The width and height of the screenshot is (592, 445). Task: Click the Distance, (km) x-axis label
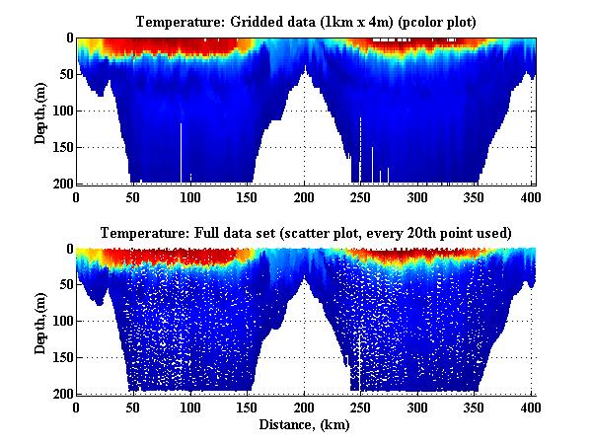305,425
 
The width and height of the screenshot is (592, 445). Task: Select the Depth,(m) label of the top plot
40,111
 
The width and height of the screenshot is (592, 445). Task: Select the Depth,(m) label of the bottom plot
40,322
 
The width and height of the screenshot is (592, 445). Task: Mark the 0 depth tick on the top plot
66,38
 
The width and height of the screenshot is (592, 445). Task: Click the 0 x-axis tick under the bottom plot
77,407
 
